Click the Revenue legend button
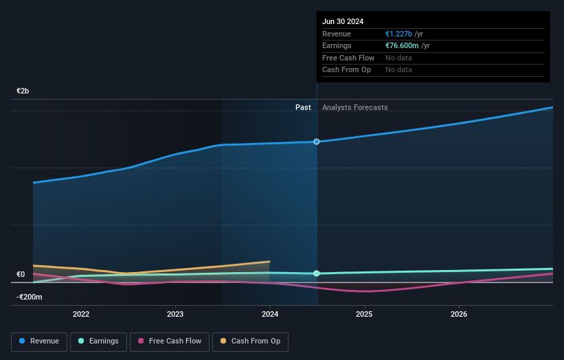(39, 341)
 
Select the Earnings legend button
(98, 341)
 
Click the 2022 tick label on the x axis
(81, 314)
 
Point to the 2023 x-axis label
(175, 314)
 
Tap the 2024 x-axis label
(270, 314)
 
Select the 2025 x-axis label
(364, 314)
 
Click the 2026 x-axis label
(459, 314)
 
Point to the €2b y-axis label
(23, 91)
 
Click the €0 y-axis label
(21, 275)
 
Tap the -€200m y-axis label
(30, 297)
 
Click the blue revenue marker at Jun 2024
(317, 142)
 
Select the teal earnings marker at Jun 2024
(317, 273)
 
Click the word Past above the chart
(303, 107)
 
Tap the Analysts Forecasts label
(354, 107)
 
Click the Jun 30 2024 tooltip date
(343, 21)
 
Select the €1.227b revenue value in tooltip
(398, 34)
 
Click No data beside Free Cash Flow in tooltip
(398, 58)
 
